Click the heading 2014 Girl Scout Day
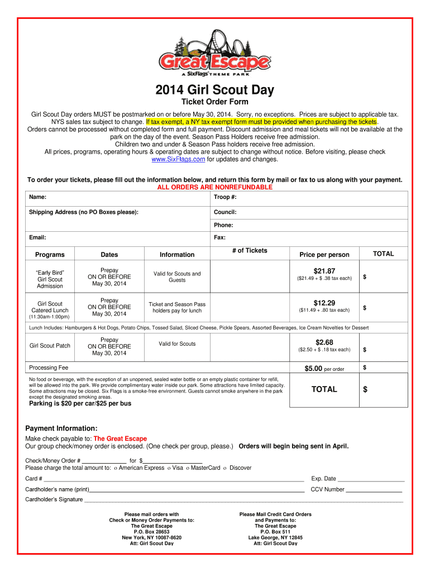coord(214,90)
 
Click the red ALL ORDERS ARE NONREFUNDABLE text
coord(214,187)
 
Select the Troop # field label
coord(225,197)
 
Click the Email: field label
coord(37,237)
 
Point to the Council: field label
coord(225,212)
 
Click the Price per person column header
coord(324,255)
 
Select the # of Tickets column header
coord(250,251)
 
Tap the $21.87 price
coord(324,271)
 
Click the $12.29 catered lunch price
coord(324,303)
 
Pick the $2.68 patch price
coord(324,342)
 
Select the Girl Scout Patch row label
coord(50,345)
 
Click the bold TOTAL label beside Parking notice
coord(324,389)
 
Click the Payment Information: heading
coord(61,428)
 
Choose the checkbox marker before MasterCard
coord(188,468)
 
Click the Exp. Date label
coord(323,478)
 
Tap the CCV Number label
coord(327,489)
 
